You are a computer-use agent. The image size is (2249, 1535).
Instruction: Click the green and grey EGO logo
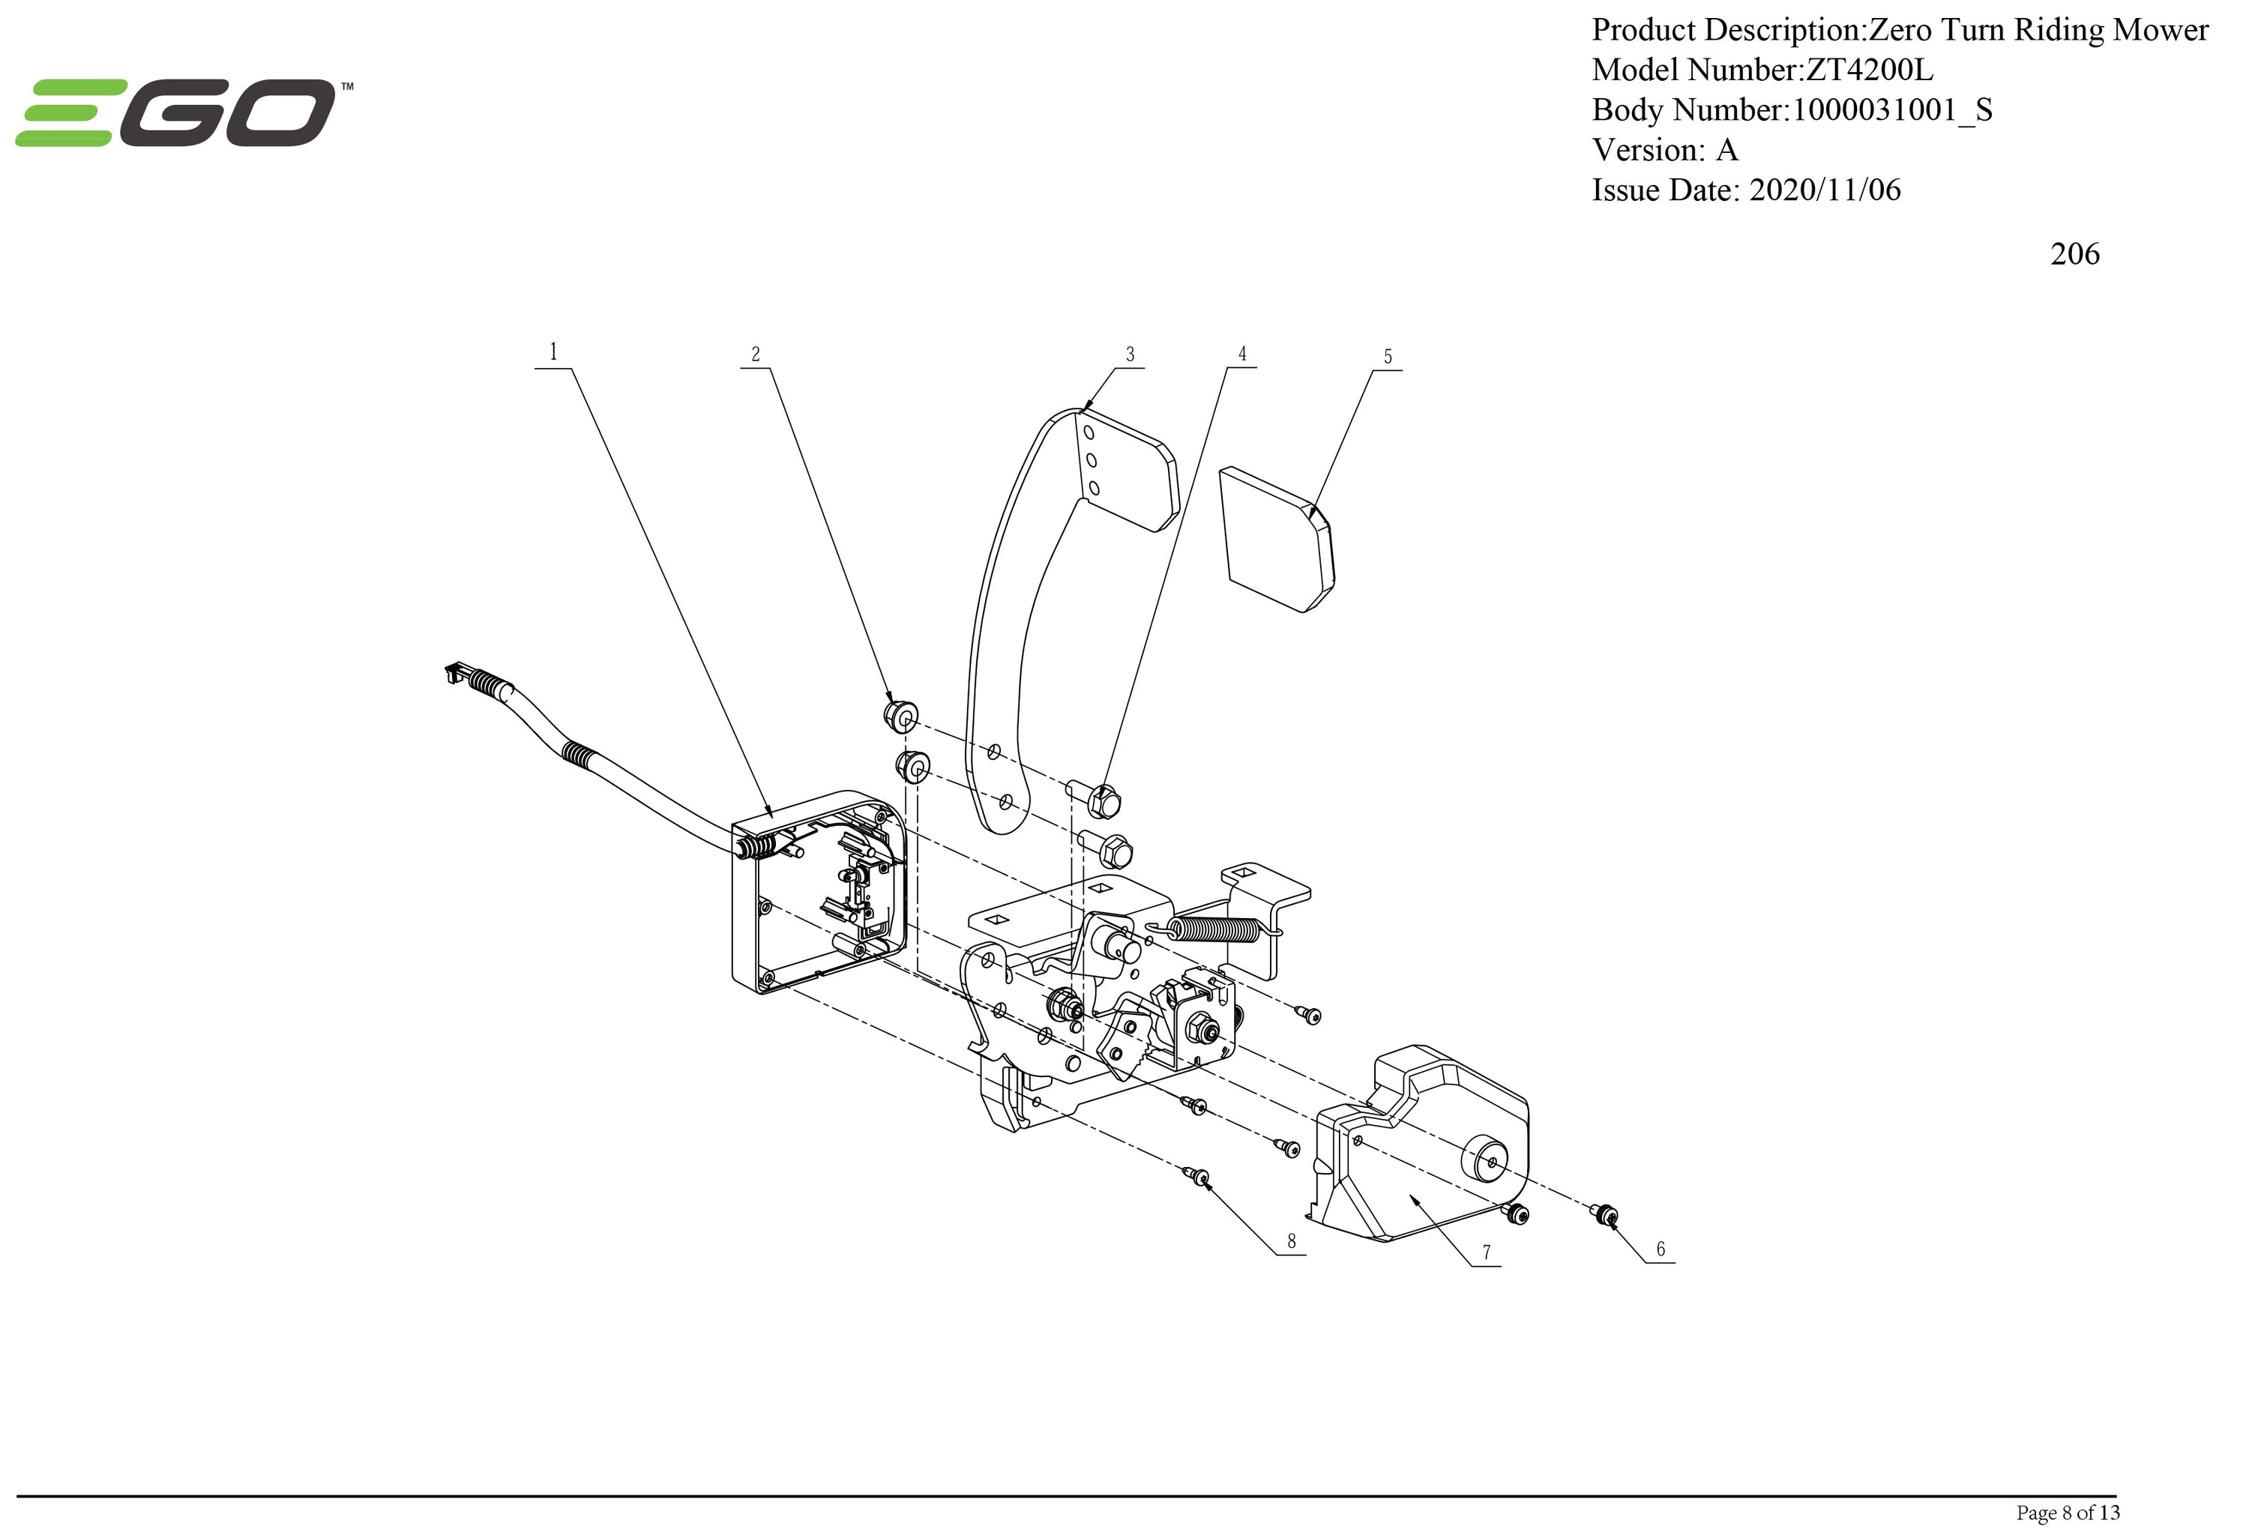(x=184, y=113)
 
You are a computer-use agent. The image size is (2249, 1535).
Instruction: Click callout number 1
(x=553, y=352)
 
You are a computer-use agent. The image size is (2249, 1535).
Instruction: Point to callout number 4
(x=1242, y=354)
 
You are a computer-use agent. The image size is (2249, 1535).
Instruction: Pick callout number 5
(x=1388, y=357)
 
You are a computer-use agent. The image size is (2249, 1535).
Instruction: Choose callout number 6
(x=1661, y=1249)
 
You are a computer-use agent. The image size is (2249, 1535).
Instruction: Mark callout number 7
(x=1487, y=1252)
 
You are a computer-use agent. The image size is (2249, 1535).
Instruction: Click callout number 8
(x=1291, y=1241)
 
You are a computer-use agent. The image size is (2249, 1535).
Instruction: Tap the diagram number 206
(x=2074, y=254)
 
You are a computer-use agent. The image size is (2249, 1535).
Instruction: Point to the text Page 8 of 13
(x=2067, y=1512)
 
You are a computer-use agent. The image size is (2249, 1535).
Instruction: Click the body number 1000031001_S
(x=1892, y=110)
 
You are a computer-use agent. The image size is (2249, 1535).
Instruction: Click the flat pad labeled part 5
(x=1275, y=539)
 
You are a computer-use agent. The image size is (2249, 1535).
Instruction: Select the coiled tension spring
(x=1214, y=929)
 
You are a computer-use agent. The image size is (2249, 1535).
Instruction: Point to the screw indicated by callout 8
(x=1199, y=1175)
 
